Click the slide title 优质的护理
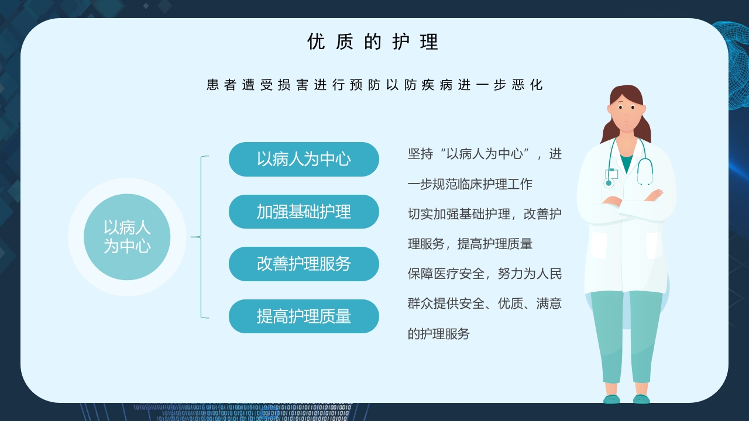tap(373, 42)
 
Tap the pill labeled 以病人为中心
tap(304, 159)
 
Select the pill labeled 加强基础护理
tap(304, 212)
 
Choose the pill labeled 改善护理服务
tap(304, 264)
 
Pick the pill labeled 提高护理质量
tap(304, 316)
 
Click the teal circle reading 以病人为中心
tap(127, 237)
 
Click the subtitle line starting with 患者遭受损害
tap(374, 85)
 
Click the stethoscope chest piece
tap(609, 183)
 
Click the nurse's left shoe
tap(611, 399)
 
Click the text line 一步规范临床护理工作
tap(470, 184)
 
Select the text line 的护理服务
tap(438, 334)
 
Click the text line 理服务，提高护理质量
tap(470, 244)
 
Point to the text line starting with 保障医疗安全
tap(485, 274)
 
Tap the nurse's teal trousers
tap(626, 333)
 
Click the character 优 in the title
tap(316, 42)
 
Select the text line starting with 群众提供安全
tap(485, 304)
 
